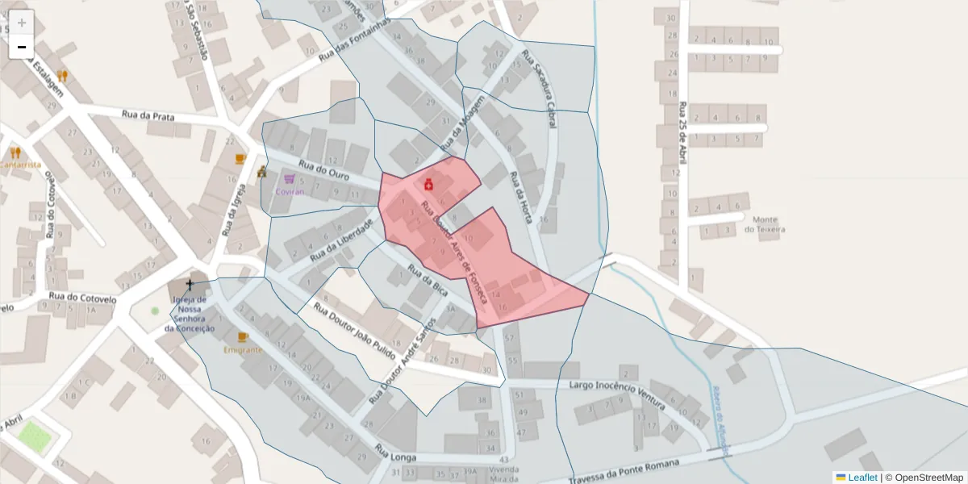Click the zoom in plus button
tap(22, 23)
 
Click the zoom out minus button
tap(22, 47)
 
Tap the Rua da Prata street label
tap(148, 116)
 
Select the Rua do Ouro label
tap(323, 170)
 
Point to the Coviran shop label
tap(290, 192)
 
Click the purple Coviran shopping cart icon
tap(290, 179)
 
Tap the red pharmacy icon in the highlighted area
tap(429, 185)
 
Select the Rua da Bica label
tap(428, 277)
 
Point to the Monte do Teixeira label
tap(769, 224)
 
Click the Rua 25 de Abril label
tap(683, 132)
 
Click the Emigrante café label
tap(243, 350)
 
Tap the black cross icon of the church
tap(190, 284)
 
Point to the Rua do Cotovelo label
tap(82, 297)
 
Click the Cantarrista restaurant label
tap(19, 165)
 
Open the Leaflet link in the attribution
tap(862, 478)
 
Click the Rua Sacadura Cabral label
tap(539, 81)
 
